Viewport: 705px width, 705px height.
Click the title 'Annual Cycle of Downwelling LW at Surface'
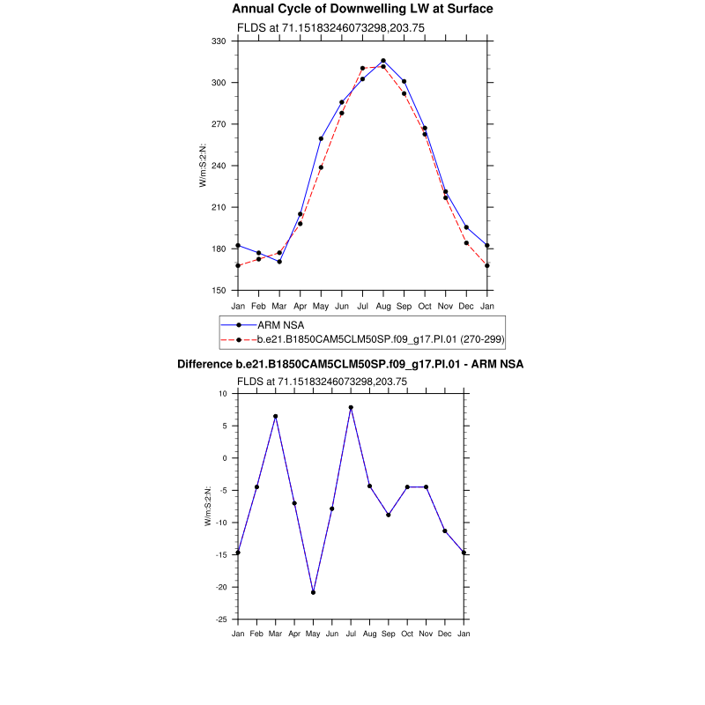[362, 9]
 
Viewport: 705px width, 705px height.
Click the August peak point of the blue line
[383, 61]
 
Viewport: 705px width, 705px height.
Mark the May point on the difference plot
[313, 592]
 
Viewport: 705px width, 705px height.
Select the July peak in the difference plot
[351, 407]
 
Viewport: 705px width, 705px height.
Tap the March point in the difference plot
[275, 416]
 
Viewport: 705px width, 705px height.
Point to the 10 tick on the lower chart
[224, 394]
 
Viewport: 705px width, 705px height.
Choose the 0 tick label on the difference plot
[226, 458]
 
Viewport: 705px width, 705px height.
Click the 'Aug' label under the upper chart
[383, 306]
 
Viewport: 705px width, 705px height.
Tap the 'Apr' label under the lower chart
[293, 634]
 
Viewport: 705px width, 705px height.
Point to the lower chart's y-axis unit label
[208, 507]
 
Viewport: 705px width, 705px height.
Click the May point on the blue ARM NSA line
[321, 138]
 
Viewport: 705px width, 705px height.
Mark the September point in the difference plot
[389, 515]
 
